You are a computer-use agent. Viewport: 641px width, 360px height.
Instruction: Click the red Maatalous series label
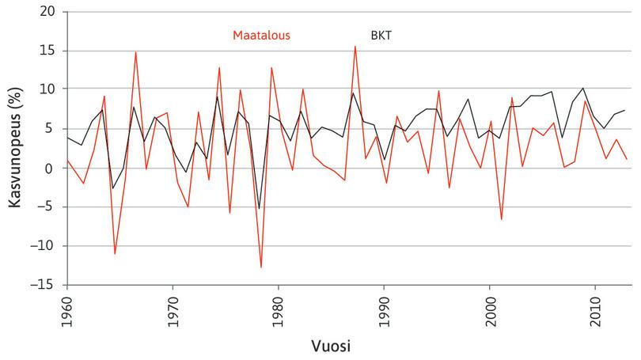[261, 35]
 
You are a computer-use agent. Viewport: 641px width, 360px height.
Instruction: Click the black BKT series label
[381, 35]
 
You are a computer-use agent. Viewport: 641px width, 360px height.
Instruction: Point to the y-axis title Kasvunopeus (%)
[14, 148]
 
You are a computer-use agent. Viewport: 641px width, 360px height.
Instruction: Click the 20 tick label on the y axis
[49, 12]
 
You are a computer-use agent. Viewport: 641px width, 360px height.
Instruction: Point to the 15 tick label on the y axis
[49, 51]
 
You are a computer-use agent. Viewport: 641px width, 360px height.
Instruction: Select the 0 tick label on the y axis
[52, 169]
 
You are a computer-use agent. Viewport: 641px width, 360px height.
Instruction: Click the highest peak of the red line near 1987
[355, 46]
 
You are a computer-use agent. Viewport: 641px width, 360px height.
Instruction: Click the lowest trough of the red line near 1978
[260, 267]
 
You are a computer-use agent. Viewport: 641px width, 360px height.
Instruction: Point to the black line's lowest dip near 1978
[259, 209]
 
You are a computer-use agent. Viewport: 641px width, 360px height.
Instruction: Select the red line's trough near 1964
[115, 254]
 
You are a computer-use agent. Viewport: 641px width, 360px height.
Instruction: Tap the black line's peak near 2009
[583, 88]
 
